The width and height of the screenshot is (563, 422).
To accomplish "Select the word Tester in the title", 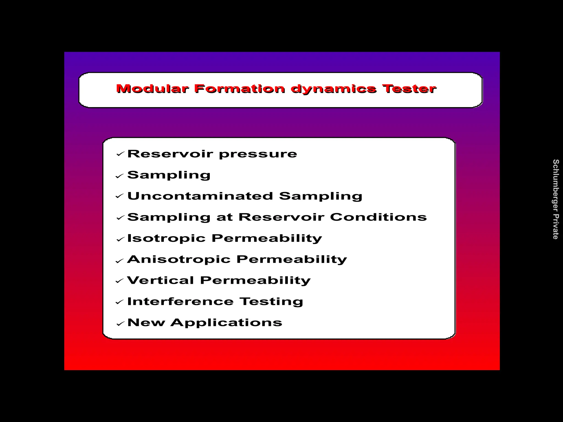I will click(409, 89).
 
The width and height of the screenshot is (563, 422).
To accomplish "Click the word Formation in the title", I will click(239, 89).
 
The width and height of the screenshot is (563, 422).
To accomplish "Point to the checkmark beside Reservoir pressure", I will click(120, 154).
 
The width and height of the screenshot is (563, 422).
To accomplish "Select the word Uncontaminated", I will click(200, 196).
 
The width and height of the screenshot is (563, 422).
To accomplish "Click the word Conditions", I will click(378, 217).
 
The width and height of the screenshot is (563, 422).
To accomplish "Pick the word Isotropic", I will click(166, 238).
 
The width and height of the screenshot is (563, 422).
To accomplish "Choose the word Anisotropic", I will click(179, 260).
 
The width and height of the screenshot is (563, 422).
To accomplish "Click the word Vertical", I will click(161, 281).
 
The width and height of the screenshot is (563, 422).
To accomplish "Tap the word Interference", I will click(180, 302).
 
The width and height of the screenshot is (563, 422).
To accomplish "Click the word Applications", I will click(226, 323).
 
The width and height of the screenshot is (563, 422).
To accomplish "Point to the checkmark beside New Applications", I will click(120, 324).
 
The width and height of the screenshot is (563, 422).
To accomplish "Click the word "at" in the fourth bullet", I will click(224, 217).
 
